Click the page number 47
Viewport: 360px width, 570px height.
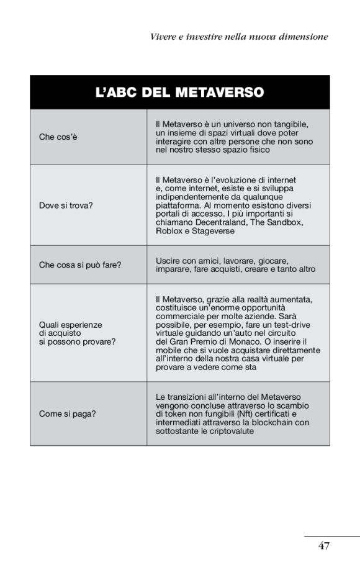click(323, 546)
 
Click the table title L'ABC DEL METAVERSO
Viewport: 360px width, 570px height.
click(180, 93)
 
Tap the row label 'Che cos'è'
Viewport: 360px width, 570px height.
click(58, 137)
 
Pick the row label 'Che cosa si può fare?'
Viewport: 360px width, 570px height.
click(80, 265)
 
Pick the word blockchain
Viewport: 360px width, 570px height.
click(271, 423)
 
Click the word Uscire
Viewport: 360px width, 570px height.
click(168, 260)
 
